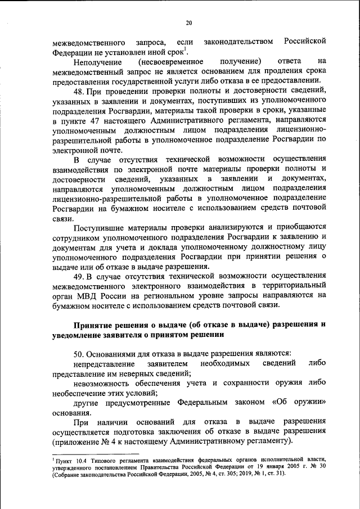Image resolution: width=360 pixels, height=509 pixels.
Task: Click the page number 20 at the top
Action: (189, 22)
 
